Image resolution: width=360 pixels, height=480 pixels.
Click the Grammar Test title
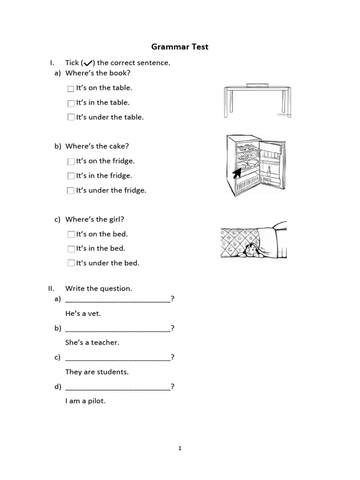pos(180,47)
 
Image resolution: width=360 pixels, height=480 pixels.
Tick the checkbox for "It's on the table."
pos(71,89)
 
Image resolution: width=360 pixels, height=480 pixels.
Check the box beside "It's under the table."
pos(71,118)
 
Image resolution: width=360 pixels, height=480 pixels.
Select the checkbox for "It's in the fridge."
pos(71,176)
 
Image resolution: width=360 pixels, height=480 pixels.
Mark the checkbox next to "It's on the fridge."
pos(71,162)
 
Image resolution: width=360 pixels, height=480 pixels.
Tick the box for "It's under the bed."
pos(71,263)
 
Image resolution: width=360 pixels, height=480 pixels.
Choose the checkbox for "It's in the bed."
pos(71,249)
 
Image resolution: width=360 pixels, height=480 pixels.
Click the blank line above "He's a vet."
pos(118,300)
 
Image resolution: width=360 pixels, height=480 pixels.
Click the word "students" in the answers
pos(112,372)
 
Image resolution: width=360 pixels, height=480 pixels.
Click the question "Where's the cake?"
pos(97,146)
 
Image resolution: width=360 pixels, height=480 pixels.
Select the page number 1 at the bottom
pos(180,448)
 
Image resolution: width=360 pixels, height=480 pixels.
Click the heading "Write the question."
pos(98,288)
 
